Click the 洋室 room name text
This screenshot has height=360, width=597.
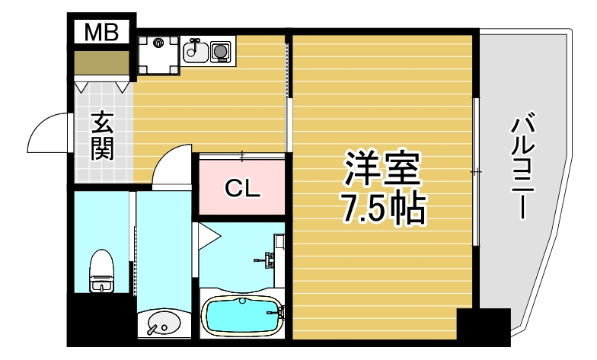pos(382,170)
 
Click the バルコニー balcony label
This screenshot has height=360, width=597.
pos(523,167)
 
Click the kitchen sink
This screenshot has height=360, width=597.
pos(195,51)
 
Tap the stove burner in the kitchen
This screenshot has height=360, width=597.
pos(222,51)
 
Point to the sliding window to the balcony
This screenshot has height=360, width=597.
pos(475,172)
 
